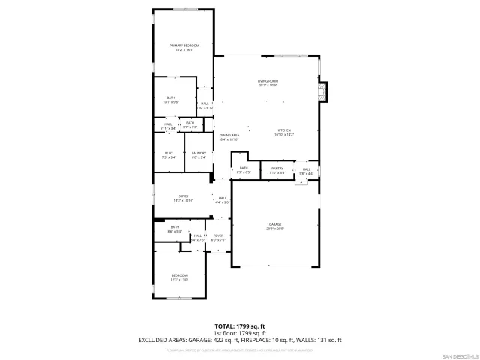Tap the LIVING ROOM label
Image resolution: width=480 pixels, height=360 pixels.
(268, 80)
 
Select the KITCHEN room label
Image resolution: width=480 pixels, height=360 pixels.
(284, 130)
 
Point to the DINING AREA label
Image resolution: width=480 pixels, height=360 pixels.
(229, 135)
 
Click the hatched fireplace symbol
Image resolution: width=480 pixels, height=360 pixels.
(323, 91)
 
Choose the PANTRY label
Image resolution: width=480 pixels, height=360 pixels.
(276, 169)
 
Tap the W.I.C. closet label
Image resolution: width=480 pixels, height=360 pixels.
(169, 153)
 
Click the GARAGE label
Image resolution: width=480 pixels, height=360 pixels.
(274, 224)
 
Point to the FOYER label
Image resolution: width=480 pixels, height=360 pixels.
(218, 235)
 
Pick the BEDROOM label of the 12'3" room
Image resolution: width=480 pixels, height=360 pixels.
(178, 275)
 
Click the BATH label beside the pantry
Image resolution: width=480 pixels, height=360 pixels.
(244, 168)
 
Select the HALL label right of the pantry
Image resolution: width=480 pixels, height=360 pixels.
(306, 169)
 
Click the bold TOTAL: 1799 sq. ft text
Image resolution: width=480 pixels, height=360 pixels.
(240, 326)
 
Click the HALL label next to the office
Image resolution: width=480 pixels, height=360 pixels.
(222, 198)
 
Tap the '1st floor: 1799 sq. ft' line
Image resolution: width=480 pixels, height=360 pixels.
(240, 333)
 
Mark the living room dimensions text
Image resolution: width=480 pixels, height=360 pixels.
(268, 85)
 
